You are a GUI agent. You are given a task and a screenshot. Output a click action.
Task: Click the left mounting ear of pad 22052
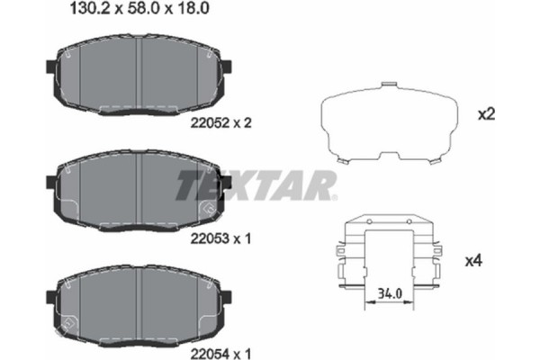[x=49, y=66]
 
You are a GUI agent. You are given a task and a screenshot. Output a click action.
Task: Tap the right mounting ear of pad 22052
[x=228, y=67]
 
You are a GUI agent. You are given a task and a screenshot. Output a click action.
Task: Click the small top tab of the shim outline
[x=389, y=86]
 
